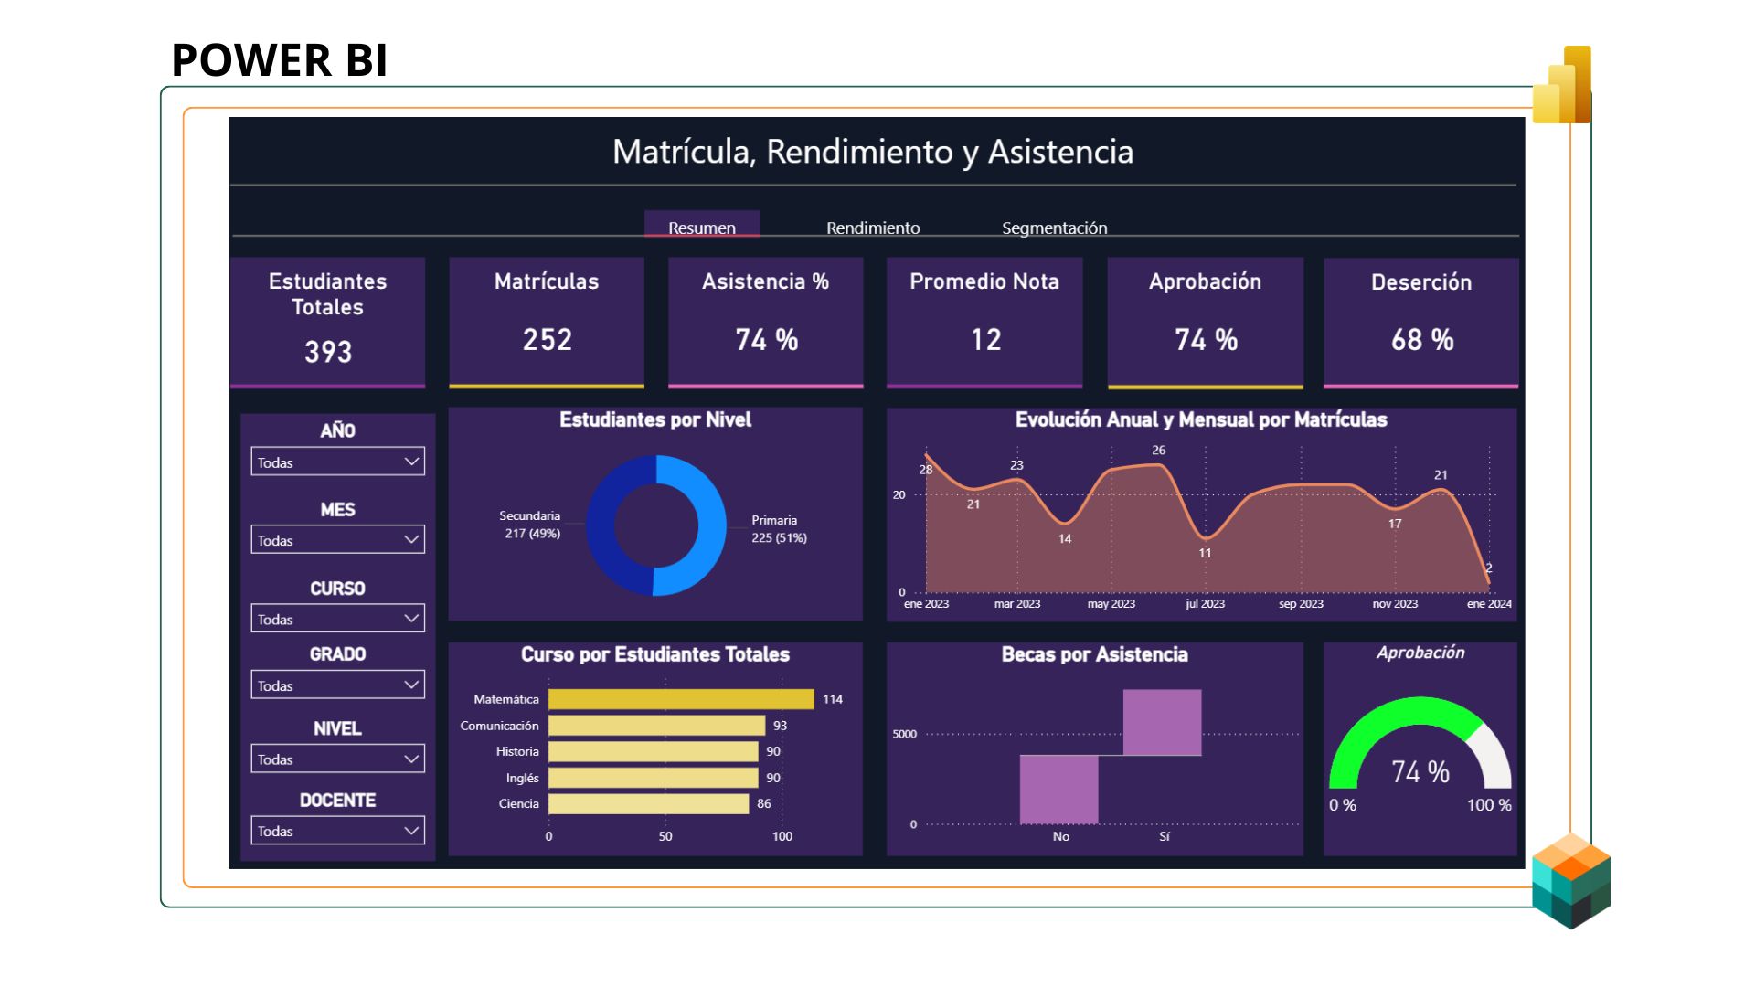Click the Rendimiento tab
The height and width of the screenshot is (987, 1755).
tap(873, 228)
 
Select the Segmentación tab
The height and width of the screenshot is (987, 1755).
tap(1054, 228)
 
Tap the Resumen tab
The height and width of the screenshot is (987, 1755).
tap(701, 228)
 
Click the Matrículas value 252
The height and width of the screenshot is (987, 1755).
tap(547, 340)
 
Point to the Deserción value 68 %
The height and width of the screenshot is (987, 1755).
tap(1421, 340)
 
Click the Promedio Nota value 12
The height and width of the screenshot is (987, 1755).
tap(985, 340)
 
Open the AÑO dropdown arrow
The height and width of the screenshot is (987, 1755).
tap(411, 462)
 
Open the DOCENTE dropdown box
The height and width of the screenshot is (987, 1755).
tap(337, 831)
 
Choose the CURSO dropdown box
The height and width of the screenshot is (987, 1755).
tap(337, 619)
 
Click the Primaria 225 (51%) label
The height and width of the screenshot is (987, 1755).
tap(779, 529)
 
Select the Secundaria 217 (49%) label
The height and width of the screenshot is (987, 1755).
tap(531, 525)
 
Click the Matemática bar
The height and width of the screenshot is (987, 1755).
tap(680, 699)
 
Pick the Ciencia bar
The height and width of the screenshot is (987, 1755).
tap(648, 804)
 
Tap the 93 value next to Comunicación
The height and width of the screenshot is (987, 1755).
tap(780, 726)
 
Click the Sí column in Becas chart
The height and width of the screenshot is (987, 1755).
tap(1162, 723)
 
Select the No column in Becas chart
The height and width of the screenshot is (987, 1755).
tap(1058, 789)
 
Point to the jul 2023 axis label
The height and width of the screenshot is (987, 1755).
tap(1205, 604)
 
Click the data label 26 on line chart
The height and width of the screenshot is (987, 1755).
tap(1158, 451)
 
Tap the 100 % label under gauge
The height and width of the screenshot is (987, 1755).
tap(1488, 805)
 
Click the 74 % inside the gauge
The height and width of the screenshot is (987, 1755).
tap(1420, 772)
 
